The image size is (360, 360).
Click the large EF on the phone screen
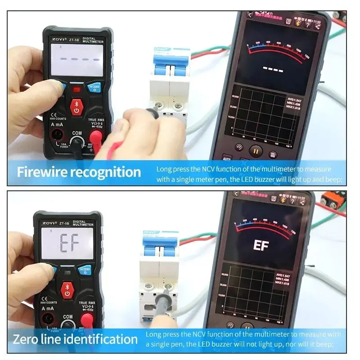[261, 246]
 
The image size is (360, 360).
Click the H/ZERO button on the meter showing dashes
[94, 87]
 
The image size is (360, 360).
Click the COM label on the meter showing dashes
[77, 134]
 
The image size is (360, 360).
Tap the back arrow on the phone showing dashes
[250, 15]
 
